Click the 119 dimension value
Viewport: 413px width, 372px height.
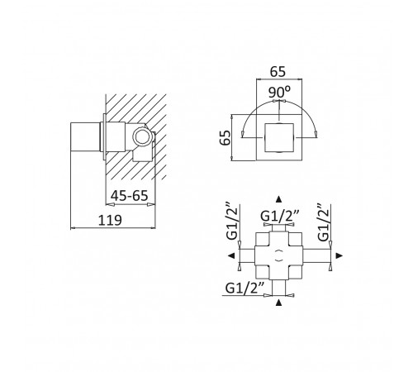pyautogui.click(x=110, y=220)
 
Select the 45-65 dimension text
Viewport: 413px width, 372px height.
pyautogui.click(x=130, y=196)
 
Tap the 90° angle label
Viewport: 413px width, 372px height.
pyautogui.click(x=279, y=92)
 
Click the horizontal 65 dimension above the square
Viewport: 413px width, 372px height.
pyautogui.click(x=278, y=72)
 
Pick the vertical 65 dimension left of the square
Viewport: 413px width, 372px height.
pyautogui.click(x=225, y=137)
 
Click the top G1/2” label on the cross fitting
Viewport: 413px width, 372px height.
pyautogui.click(x=279, y=216)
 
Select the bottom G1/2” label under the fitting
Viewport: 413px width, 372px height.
pyautogui.click(x=244, y=289)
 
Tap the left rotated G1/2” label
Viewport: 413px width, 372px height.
pyautogui.click(x=231, y=221)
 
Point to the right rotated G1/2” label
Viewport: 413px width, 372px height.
pyautogui.click(x=323, y=222)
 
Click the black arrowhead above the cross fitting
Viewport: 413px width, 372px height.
pyautogui.click(x=278, y=199)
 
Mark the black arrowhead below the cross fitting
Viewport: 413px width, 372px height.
pyautogui.click(x=278, y=303)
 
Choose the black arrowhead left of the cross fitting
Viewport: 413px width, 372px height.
pyautogui.click(x=231, y=255)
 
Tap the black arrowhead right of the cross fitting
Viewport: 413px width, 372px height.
pyautogui.click(x=339, y=255)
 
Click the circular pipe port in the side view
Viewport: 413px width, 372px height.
pyautogui.click(x=142, y=137)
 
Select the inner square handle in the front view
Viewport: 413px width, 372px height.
pyautogui.click(x=279, y=137)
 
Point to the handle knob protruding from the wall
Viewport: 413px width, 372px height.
pyautogui.click(x=85, y=136)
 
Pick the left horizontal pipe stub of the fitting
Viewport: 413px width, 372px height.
pyautogui.click(x=247, y=255)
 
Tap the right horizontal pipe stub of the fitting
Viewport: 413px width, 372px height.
pyautogui.click(x=316, y=255)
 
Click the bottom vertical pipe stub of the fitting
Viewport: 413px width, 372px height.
pyautogui.click(x=279, y=288)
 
